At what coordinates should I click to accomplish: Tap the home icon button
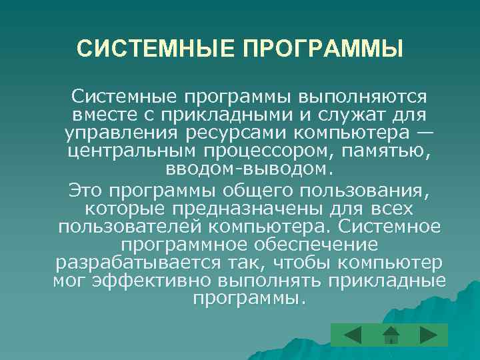391,334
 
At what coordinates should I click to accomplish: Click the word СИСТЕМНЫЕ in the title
151,49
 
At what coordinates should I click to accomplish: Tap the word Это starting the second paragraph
85,192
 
